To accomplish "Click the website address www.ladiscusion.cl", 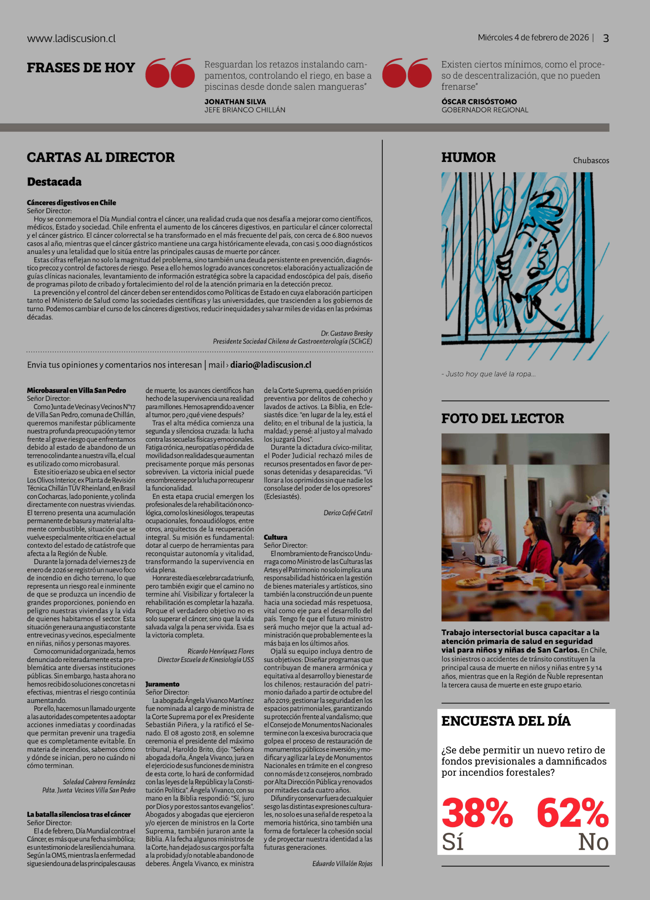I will click(71, 38).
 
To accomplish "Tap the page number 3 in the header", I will click(606, 38).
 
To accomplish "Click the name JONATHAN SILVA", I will click(235, 102).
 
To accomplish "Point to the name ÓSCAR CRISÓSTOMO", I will click(479, 102).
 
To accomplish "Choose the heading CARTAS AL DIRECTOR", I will click(101, 157).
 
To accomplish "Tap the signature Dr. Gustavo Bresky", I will click(346, 333).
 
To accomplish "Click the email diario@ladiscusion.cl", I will click(271, 365).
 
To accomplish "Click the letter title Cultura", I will click(275, 537).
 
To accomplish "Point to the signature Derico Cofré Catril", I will click(348, 513).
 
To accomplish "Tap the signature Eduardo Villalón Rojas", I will click(342, 864).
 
